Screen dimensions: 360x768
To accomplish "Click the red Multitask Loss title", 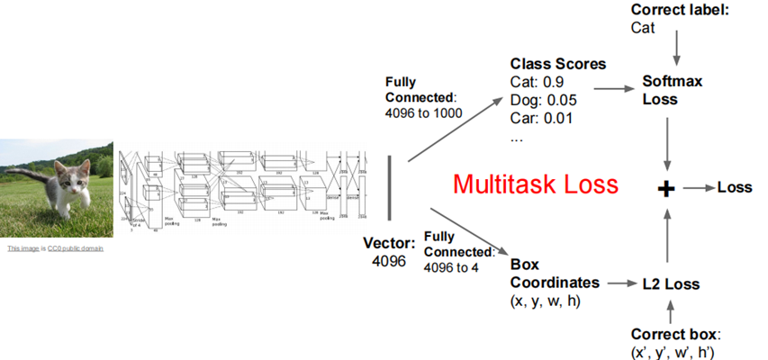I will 536,184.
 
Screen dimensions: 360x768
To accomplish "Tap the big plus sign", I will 666,188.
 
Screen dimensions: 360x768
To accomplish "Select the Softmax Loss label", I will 672,89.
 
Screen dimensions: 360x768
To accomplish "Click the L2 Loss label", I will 670,283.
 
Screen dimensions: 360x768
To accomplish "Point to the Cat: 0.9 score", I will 538,82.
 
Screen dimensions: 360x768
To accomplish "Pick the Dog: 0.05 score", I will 543,100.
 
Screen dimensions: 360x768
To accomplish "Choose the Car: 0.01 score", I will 540,117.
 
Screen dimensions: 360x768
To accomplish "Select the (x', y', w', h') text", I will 676,351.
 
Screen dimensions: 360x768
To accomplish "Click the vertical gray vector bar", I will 390,187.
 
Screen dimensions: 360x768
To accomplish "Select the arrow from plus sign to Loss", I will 697,189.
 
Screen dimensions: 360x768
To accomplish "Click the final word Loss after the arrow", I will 734,188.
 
